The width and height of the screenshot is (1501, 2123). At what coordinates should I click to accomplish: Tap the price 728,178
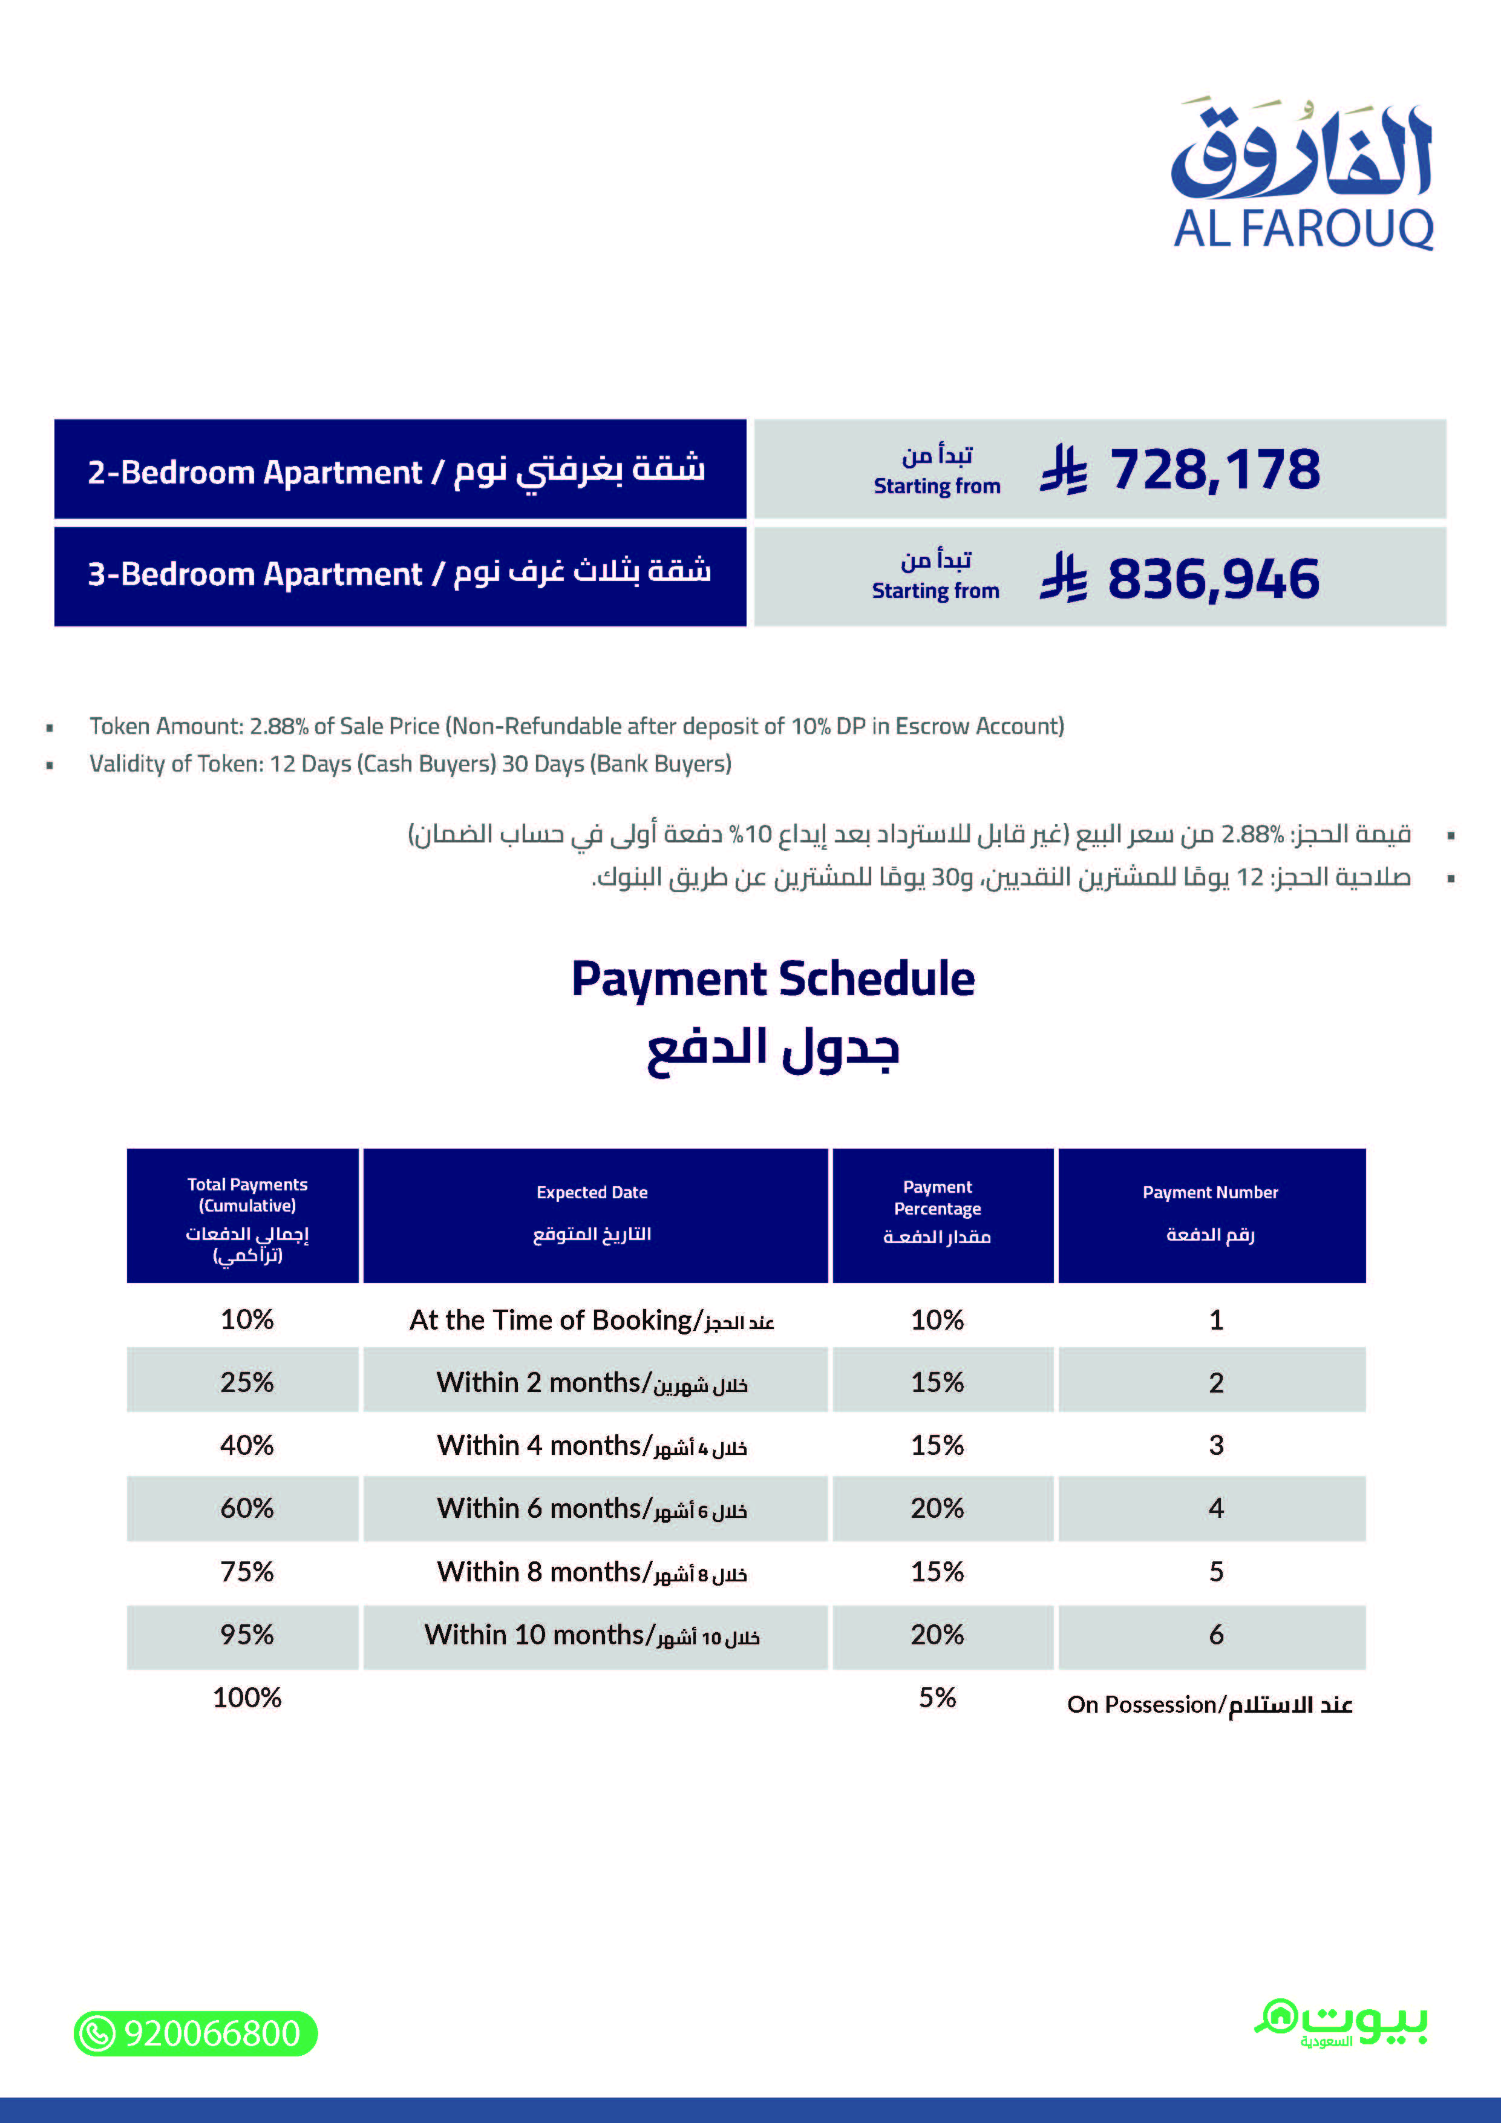coord(1214,470)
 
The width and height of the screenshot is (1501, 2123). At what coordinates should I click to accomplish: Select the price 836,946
coord(1212,579)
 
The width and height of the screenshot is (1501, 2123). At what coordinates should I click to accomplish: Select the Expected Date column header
coord(592,1213)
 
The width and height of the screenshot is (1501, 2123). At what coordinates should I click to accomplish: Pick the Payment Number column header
coord(1210,1213)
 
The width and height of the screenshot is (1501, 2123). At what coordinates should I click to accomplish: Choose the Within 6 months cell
coord(592,1509)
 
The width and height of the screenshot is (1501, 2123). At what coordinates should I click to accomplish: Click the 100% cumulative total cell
coord(247,1698)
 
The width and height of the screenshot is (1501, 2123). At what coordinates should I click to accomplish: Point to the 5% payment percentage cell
coord(937,1698)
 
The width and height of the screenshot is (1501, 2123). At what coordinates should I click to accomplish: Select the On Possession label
coord(1209,1704)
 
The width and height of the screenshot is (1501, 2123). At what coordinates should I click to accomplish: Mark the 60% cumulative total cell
coord(247,1509)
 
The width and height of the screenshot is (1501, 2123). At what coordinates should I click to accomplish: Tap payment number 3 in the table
coord(1215,1445)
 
